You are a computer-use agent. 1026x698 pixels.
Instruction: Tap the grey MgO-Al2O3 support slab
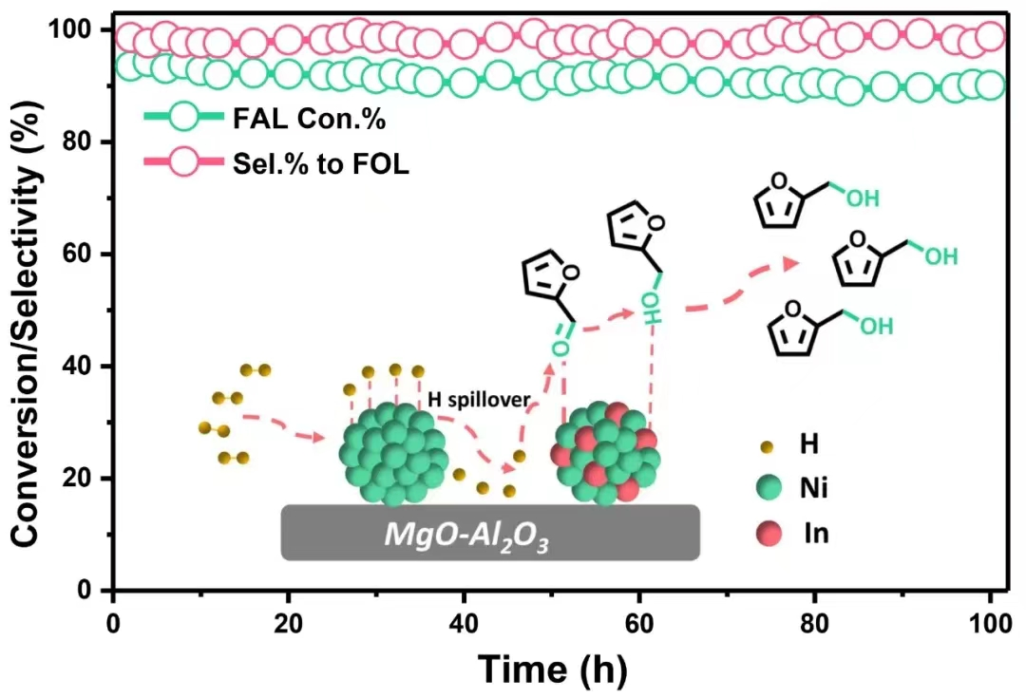tap(490, 532)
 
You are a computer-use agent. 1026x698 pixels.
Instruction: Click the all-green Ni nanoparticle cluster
tap(394, 453)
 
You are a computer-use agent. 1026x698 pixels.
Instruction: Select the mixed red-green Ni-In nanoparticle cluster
tap(605, 453)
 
